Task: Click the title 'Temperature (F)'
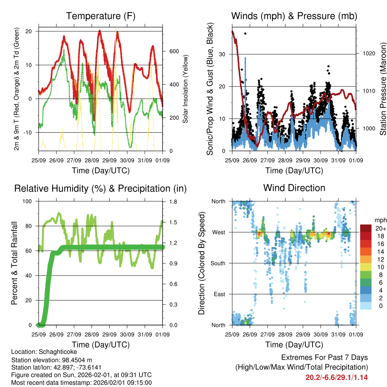[x=101, y=16]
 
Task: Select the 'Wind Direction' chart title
[x=294, y=188]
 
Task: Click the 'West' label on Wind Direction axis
[x=218, y=232]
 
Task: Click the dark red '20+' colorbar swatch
[x=365, y=228]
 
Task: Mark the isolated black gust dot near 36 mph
[x=245, y=34]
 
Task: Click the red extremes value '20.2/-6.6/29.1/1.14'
[x=336, y=377]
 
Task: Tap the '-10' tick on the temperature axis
[x=29, y=133]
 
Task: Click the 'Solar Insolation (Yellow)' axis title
[x=185, y=89]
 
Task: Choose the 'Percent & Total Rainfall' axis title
[x=14, y=263]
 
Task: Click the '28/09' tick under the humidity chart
[x=92, y=334]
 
